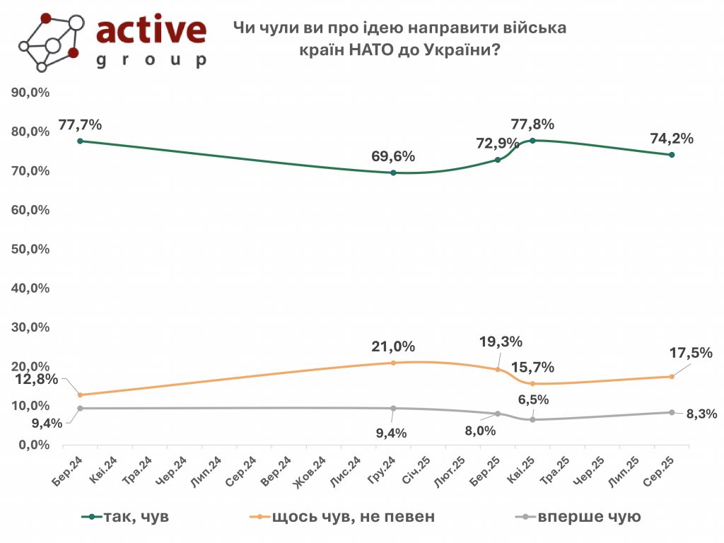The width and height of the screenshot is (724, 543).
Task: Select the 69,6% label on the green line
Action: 393,156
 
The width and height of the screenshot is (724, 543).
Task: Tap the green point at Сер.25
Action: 671,155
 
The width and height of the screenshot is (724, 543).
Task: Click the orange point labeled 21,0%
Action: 393,363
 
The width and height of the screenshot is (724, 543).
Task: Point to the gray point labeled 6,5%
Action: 532,420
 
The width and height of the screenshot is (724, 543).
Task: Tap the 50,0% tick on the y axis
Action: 29,250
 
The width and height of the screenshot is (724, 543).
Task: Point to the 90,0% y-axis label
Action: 29,93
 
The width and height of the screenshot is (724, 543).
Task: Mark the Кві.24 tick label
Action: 104,469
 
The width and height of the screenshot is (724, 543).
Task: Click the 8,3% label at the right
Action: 701,414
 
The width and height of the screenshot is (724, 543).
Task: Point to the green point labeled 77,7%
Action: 80,141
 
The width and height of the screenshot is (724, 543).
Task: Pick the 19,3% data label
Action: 501,342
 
